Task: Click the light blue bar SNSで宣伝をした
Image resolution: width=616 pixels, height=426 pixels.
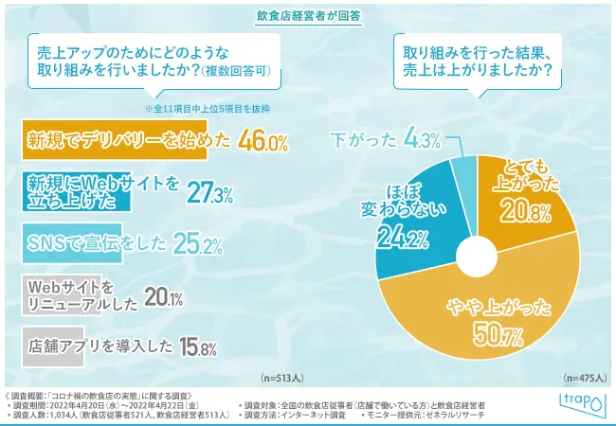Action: pyautogui.click(x=86, y=244)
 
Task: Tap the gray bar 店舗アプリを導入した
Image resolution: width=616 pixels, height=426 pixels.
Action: pyautogui.click(x=85, y=347)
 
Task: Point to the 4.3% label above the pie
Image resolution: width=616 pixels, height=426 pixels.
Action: pyautogui.click(x=422, y=140)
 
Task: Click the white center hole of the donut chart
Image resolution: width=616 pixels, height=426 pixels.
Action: pyautogui.click(x=478, y=253)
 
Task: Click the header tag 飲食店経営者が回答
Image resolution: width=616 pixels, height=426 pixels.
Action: pyautogui.click(x=307, y=16)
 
